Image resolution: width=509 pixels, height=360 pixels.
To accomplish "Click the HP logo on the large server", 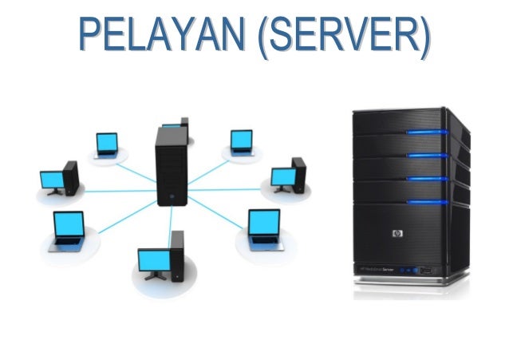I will [x=397, y=234].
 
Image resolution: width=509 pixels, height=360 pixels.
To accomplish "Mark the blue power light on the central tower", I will [x=170, y=194].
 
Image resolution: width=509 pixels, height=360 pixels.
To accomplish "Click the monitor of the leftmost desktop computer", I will [x=53, y=179].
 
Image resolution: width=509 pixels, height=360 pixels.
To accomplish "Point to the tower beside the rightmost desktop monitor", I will [x=299, y=173].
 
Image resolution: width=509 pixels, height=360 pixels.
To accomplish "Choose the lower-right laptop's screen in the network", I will [x=264, y=221].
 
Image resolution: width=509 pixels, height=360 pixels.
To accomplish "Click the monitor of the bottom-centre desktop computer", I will [x=153, y=260].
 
